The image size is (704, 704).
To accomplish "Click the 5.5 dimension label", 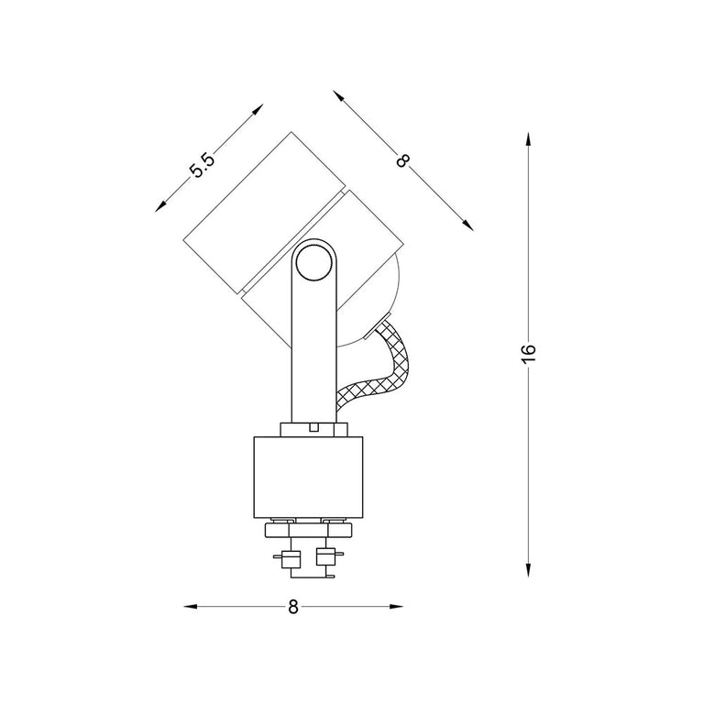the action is click(x=203, y=165).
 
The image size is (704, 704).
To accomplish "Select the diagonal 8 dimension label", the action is click(x=403, y=160).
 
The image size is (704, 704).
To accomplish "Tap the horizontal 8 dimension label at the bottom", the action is click(x=292, y=607).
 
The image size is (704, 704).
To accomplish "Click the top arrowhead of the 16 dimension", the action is click(x=528, y=139).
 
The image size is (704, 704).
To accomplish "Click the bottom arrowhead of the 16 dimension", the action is click(x=528, y=569).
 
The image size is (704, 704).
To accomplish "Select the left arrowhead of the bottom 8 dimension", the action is click(x=191, y=607).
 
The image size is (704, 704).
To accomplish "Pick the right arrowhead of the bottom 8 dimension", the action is click(x=396, y=607).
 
